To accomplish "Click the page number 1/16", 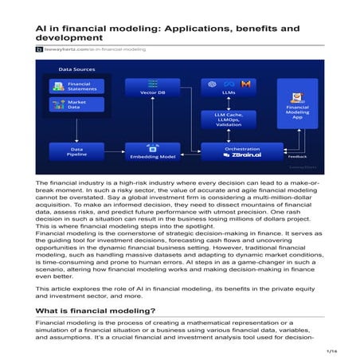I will [332, 350].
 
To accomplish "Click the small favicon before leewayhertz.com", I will [39, 49].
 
